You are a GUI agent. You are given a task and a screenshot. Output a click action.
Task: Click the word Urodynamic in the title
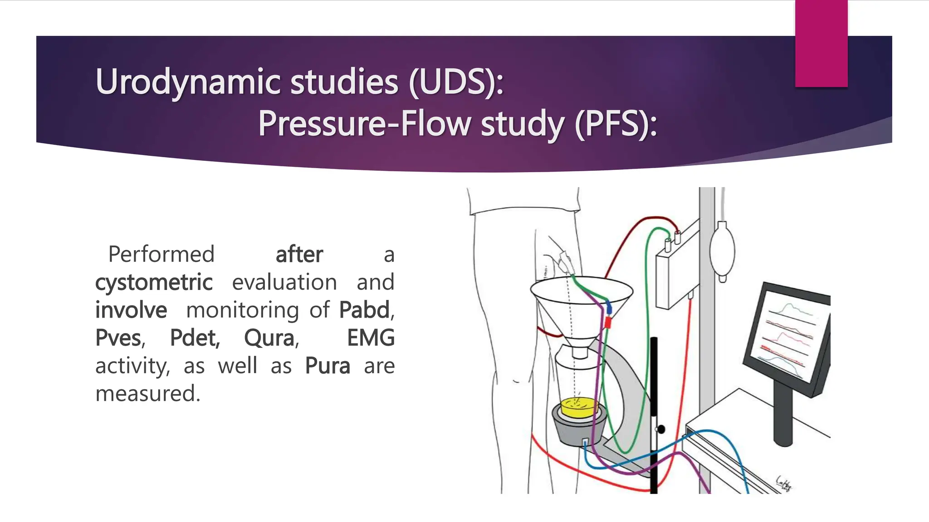[x=189, y=82]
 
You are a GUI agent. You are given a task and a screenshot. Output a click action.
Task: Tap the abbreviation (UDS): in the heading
[x=456, y=82]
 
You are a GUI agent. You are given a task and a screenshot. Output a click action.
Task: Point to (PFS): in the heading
[x=616, y=124]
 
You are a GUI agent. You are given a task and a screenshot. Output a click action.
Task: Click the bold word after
[x=299, y=254]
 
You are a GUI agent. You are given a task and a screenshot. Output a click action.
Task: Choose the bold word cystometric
[x=154, y=282]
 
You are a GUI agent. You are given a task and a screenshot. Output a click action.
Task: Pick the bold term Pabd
[x=365, y=310]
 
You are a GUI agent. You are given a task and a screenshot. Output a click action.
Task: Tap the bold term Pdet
[x=195, y=338]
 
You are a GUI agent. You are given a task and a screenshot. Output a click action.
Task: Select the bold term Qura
[x=269, y=338]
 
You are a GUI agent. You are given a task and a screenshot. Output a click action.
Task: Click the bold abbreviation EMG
[x=371, y=338]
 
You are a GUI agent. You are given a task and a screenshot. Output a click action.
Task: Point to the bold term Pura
[x=328, y=366]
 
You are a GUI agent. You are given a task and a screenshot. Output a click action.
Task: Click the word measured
[x=147, y=394]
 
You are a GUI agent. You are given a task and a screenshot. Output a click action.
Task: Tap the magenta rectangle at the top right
[x=821, y=43]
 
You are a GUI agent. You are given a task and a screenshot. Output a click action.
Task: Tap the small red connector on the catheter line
[x=608, y=322]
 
